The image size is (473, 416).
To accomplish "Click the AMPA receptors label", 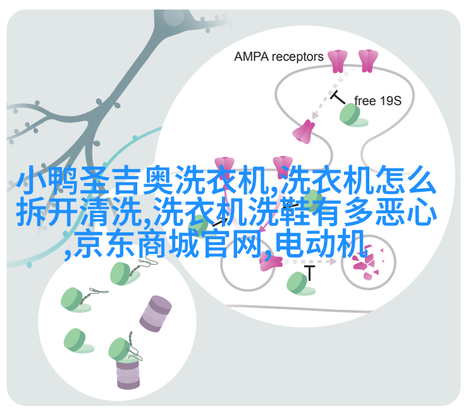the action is click(278, 57).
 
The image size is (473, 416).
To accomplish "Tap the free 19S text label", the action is click(378, 101).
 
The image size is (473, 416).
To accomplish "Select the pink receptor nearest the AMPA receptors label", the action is click(338, 61).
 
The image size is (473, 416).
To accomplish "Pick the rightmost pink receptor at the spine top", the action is click(368, 61).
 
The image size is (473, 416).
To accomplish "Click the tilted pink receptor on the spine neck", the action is click(304, 132).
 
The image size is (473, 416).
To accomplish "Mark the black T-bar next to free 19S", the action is click(338, 97).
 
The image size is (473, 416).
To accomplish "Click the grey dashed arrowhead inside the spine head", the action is click(315, 115).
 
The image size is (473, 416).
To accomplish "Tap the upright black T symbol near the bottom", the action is click(309, 273).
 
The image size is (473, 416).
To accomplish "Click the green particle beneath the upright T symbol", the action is click(300, 284).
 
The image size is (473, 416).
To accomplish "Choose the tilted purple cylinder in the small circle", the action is click(156, 313).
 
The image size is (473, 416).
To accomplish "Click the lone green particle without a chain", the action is click(78, 341).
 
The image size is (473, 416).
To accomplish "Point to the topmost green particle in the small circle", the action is click(125, 274).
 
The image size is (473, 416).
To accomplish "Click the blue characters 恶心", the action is click(406, 211).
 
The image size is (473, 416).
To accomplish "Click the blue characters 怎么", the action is click(406, 180).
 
